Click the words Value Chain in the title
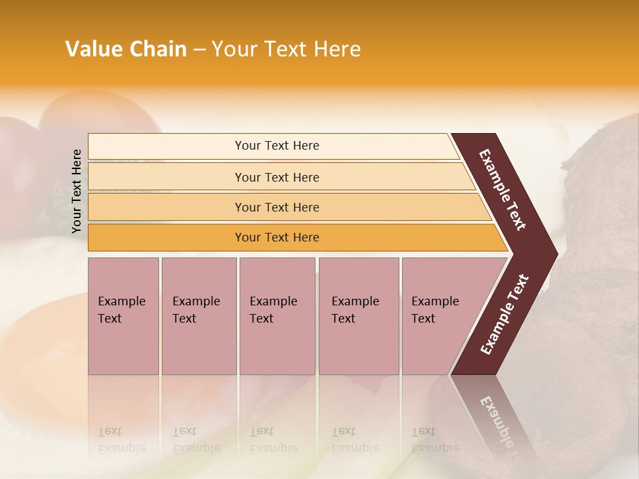tap(126, 49)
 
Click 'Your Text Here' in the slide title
tap(286, 49)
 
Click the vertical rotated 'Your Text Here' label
tap(77, 192)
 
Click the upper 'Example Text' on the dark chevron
tap(503, 190)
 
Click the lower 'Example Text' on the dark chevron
tap(505, 314)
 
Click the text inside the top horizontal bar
tap(277, 146)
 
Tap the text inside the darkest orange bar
tap(277, 238)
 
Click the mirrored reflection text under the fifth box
tap(435, 440)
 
